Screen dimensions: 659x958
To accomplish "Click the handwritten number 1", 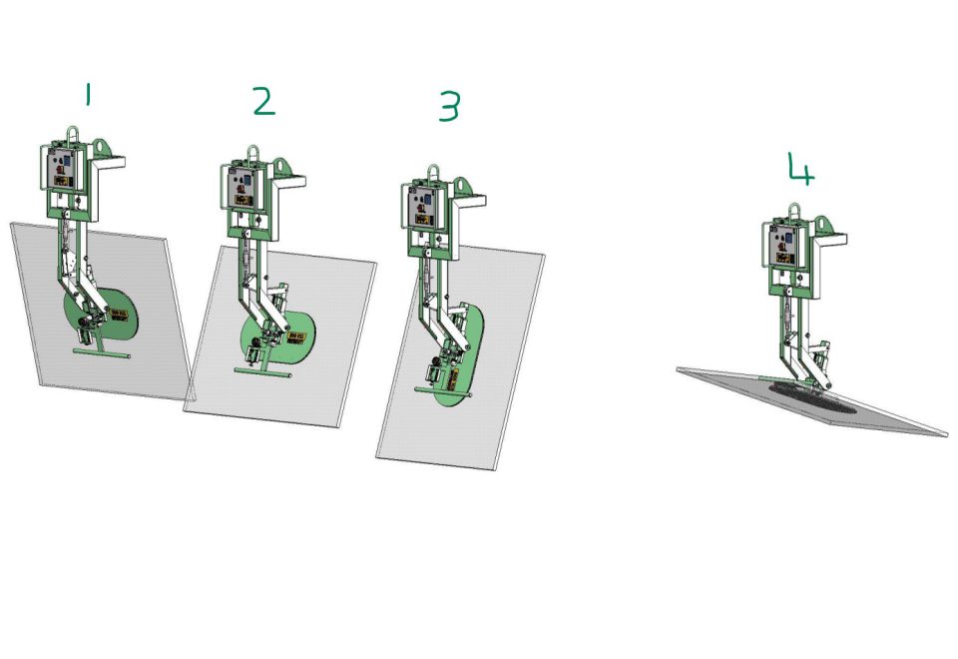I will point(88,95).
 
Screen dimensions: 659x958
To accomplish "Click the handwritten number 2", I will point(262,101).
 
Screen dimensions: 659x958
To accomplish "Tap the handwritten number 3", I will point(449,106).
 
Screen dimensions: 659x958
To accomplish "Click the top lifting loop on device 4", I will point(795,212).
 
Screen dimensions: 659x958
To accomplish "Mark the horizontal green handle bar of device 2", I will point(262,371).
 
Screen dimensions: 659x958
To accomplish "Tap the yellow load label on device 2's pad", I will point(296,336).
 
